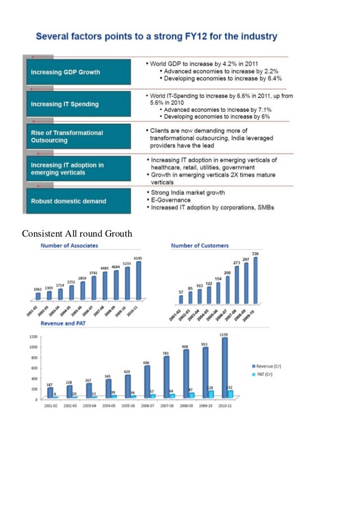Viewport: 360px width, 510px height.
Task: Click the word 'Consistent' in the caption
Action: click(41, 234)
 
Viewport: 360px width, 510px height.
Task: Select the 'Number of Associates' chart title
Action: click(69, 246)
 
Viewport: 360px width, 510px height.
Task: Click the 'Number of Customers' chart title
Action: click(200, 246)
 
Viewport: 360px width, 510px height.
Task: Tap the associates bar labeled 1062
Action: click(38, 295)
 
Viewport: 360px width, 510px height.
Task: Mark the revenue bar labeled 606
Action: click(147, 382)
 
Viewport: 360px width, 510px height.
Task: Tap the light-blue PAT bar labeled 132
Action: click(230, 394)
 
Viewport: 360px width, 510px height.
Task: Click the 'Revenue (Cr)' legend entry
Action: click(270, 367)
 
